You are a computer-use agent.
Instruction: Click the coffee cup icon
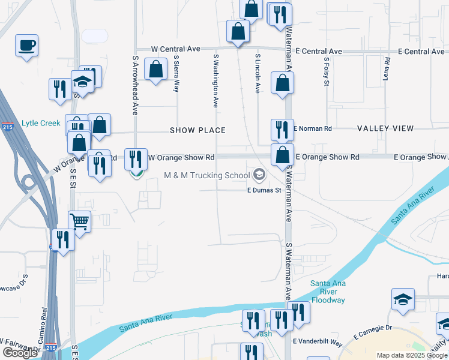26,45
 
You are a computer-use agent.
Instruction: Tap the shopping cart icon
80,222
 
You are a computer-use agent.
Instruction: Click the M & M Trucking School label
206,176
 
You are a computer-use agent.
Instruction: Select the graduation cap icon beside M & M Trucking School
259,175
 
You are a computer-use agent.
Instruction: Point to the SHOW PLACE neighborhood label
197,130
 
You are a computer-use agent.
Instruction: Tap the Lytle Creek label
41,123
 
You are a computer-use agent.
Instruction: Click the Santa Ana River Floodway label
328,292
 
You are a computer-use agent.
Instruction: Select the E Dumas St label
264,190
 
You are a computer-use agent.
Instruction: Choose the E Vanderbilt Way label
318,342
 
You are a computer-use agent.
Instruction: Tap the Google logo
20,352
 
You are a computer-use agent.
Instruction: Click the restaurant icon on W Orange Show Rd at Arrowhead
136,159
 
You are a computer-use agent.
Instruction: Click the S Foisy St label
327,71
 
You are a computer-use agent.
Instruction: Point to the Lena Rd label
387,70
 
